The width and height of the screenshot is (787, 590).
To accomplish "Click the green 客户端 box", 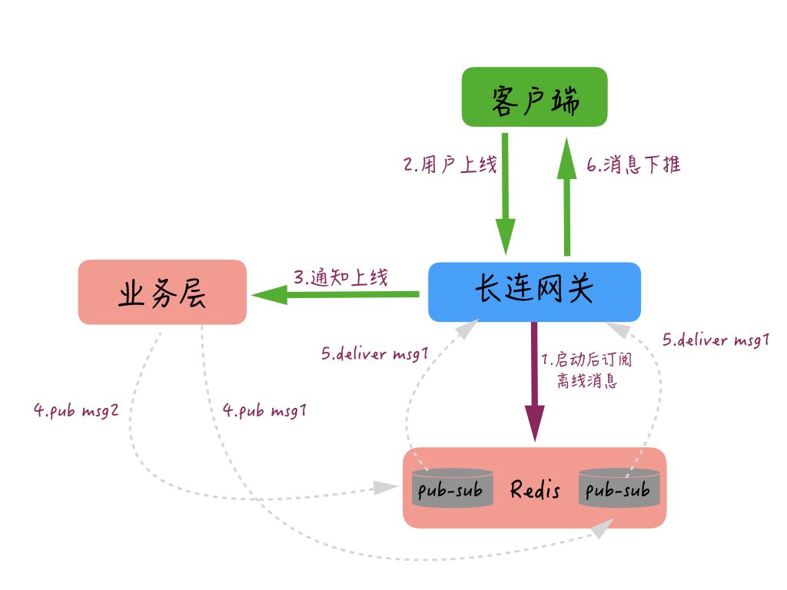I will point(534,97).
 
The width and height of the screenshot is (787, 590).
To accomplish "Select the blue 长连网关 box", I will point(534,292).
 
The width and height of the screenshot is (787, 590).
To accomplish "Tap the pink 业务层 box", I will point(162,292).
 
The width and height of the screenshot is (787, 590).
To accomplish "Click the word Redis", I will point(535,489).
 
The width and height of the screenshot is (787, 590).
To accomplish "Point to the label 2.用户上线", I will point(450,165).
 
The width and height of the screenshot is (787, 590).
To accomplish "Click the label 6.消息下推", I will point(633,165).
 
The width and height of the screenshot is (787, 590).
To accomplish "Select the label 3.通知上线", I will point(340,277).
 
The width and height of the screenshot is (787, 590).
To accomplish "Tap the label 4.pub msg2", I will point(76,410).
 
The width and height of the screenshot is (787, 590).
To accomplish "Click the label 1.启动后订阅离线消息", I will point(586,370).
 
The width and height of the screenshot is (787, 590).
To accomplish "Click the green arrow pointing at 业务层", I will point(334,294).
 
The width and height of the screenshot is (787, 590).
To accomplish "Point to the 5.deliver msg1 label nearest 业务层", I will point(374,355).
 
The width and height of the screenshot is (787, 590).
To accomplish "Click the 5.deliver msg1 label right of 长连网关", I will point(716,340).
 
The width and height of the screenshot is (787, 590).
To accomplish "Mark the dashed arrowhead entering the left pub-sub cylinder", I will point(384,487).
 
